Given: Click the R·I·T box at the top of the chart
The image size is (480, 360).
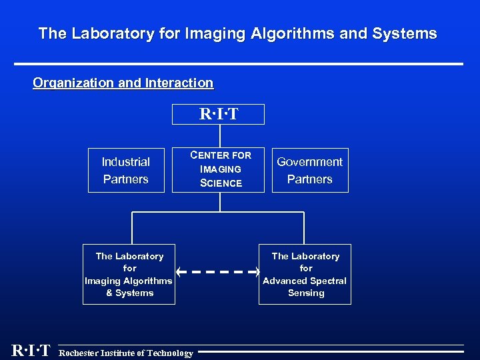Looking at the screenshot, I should (x=218, y=115).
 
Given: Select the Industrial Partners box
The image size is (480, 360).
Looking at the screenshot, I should (x=126, y=170).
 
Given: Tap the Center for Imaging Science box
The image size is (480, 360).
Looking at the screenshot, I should (x=218, y=169).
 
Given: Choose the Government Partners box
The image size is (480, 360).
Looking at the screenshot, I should (x=310, y=170).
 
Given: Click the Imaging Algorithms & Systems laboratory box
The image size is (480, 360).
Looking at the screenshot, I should (x=129, y=274).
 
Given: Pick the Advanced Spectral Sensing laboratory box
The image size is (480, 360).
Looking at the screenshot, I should (x=305, y=274).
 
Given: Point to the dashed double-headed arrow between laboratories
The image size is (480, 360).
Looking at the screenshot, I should (x=218, y=272).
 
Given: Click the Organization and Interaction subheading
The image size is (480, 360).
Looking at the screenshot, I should (x=123, y=83).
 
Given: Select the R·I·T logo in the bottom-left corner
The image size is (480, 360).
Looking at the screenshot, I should (x=31, y=351).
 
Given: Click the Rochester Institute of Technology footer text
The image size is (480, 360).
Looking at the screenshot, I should (x=126, y=353).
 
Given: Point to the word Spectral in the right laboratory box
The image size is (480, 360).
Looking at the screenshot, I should (x=328, y=281).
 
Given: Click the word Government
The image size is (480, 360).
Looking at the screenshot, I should (x=310, y=161).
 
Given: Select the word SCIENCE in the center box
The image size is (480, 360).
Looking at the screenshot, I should (x=221, y=183).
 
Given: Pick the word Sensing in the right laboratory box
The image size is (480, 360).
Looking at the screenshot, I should (x=306, y=293).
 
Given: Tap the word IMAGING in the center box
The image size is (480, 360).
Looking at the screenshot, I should (x=221, y=169).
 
